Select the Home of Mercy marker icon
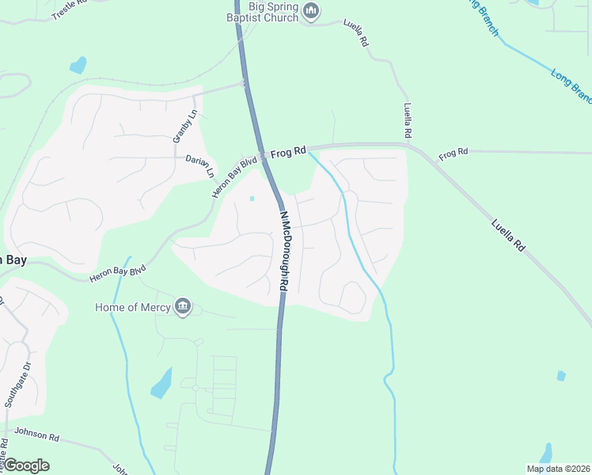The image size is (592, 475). (x=184, y=307)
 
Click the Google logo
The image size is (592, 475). (x=26, y=465)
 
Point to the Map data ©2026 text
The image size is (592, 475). (x=559, y=469)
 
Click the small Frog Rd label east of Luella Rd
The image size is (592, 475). (x=453, y=151)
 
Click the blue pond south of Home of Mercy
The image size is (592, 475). (x=161, y=383)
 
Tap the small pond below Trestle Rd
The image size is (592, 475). (x=78, y=65)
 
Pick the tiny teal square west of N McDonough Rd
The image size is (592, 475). (x=252, y=198)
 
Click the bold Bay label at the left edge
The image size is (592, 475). (x=13, y=260)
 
